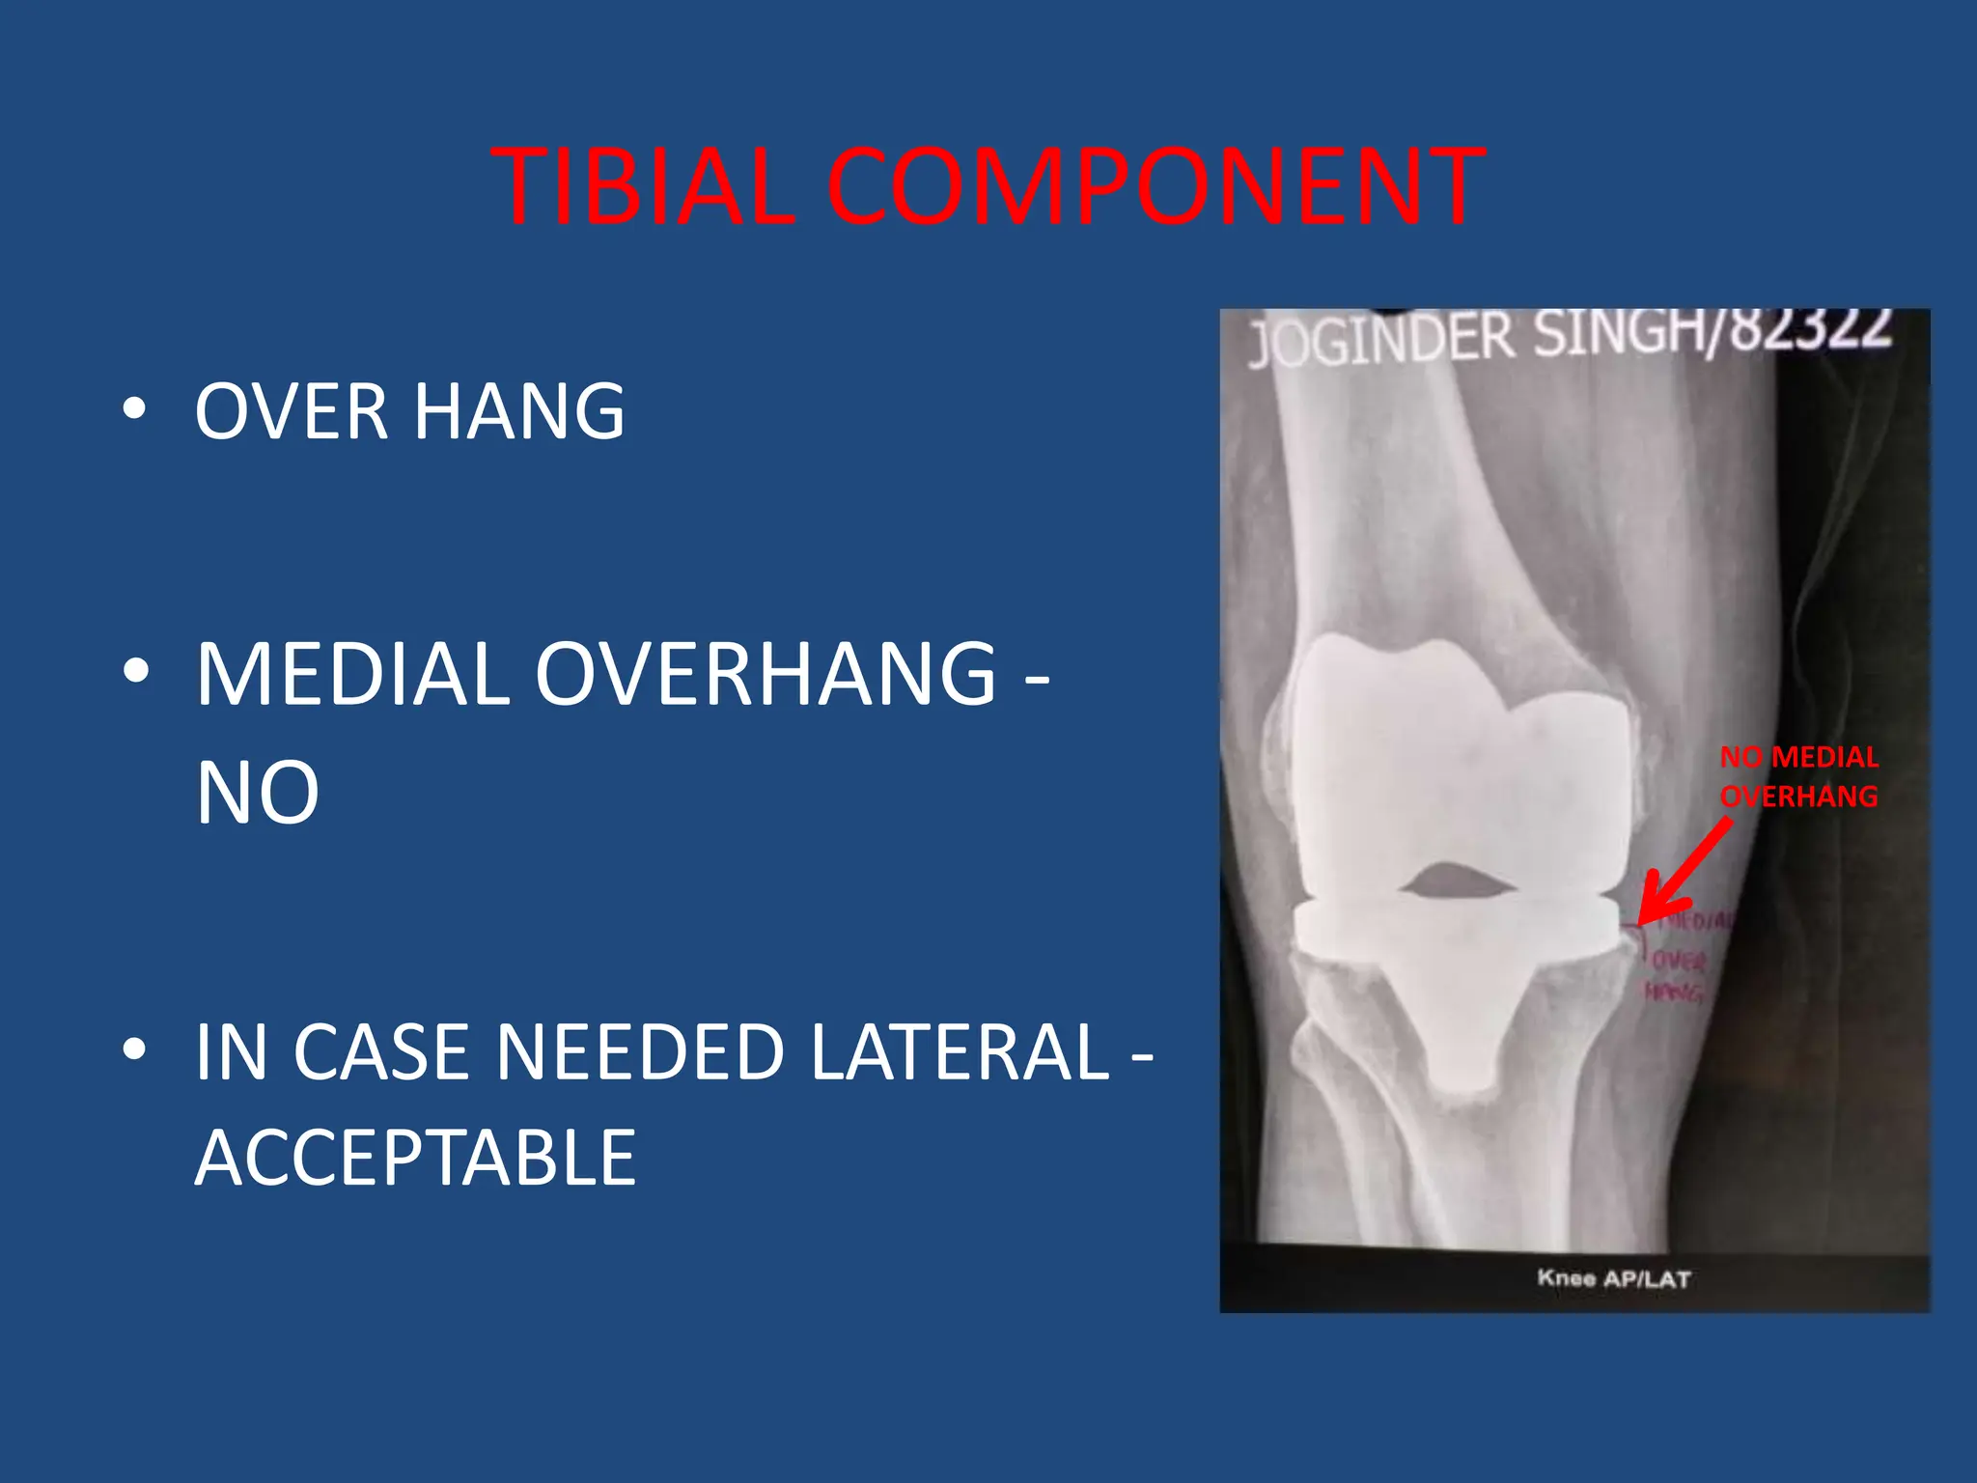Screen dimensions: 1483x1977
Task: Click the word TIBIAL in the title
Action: tap(643, 186)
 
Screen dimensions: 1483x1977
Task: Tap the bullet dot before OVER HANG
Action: tap(134, 409)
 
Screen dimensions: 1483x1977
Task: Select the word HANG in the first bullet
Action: tap(519, 411)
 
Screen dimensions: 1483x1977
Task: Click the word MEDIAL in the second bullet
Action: tap(352, 674)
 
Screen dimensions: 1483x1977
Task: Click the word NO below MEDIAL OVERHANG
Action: tap(257, 793)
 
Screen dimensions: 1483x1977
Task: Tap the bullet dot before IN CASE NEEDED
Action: tap(134, 1049)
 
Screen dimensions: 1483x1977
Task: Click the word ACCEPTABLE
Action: tap(415, 1158)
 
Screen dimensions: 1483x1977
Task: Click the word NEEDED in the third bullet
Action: tap(639, 1051)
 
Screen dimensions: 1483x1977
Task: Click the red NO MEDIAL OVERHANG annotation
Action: tap(1798, 776)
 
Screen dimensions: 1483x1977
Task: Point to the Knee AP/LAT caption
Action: tap(1613, 1278)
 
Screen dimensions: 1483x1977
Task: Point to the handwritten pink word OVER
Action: tap(1681, 961)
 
